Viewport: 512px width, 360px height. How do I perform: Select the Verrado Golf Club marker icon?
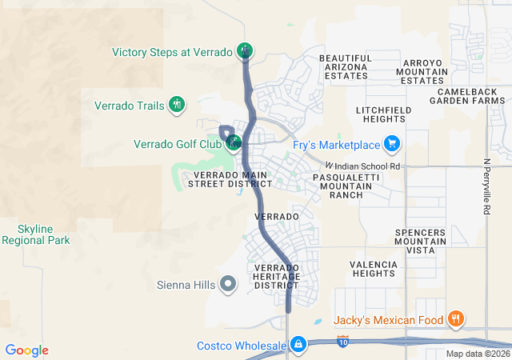[234, 144]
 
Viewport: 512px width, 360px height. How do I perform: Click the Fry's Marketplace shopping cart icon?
[391, 144]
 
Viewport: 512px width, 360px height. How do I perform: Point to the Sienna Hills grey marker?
[228, 283]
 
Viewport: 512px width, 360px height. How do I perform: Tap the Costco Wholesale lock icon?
[298, 345]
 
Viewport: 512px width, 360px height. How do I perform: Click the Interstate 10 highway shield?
[343, 342]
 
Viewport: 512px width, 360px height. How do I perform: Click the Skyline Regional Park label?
[35, 234]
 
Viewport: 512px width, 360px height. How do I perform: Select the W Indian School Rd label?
[362, 166]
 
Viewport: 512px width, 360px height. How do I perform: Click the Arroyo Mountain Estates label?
[422, 71]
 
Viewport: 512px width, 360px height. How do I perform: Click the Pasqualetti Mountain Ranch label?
[344, 185]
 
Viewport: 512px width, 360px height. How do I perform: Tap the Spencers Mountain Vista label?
[420, 241]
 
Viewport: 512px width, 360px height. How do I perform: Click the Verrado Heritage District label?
[276, 277]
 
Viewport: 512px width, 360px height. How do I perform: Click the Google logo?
[26, 350]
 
